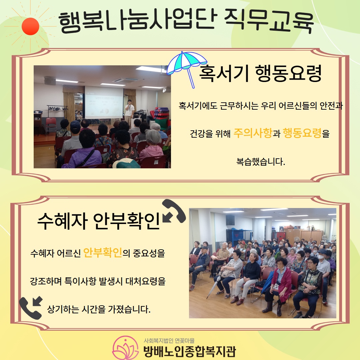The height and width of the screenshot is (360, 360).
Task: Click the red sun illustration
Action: point(30,26)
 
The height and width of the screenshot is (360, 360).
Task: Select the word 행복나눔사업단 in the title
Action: point(137,21)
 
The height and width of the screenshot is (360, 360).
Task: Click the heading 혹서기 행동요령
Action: point(260,73)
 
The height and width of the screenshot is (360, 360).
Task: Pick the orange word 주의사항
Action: point(253,133)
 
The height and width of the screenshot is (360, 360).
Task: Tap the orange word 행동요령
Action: point(302,133)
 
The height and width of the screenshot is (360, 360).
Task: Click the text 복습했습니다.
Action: point(261,162)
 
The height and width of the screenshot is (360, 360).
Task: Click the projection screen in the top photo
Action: point(104,102)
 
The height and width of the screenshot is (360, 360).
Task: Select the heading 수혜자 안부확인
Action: point(98,221)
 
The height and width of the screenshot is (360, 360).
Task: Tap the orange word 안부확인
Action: point(102,253)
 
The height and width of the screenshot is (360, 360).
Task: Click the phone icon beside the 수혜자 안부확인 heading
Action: point(174,211)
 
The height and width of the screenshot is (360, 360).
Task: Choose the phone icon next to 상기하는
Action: point(31,308)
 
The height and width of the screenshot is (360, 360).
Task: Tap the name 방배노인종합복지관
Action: point(189,351)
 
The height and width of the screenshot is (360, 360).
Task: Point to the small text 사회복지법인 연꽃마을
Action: point(169,340)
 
